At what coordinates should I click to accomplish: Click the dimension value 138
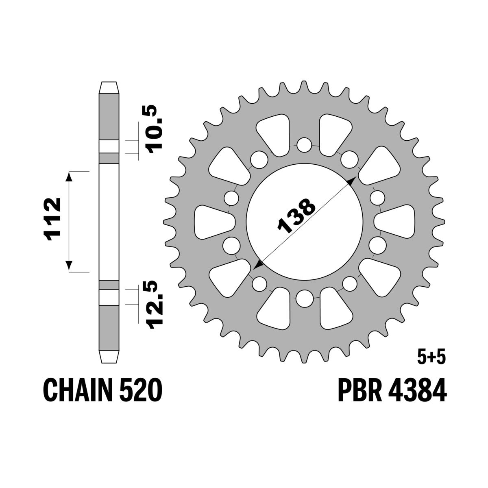tap(296, 216)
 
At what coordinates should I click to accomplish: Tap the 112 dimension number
tap(53, 221)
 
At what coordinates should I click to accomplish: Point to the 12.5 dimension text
tap(152, 304)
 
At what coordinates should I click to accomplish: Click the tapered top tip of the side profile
tap(109, 88)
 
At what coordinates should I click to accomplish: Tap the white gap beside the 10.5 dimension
tap(109, 146)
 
